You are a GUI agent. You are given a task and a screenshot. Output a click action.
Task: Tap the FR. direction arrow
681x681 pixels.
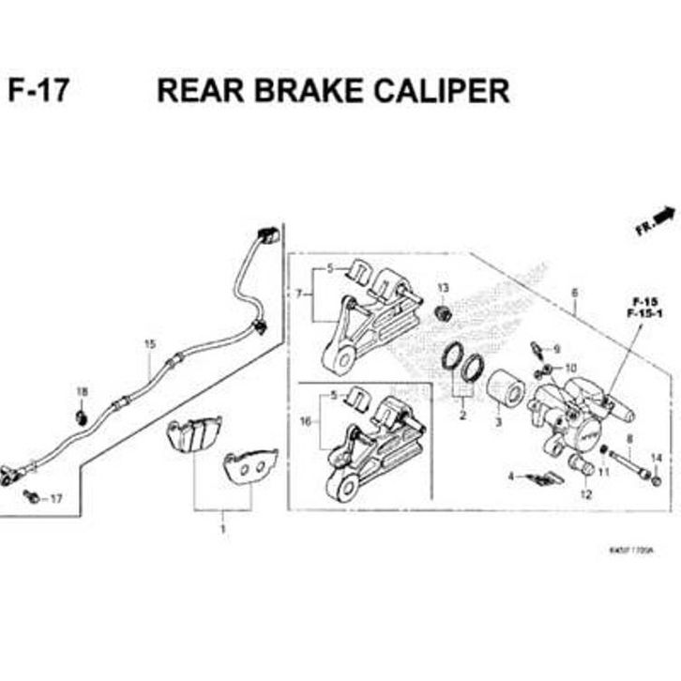pos(657,220)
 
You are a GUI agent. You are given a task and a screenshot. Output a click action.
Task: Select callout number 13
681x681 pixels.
pos(443,287)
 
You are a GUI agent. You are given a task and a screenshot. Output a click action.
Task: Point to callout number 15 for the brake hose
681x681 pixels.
pos(148,344)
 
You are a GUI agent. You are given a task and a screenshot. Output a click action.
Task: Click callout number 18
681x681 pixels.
pos(82,391)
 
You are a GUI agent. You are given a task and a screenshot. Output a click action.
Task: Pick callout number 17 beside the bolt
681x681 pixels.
pos(54,498)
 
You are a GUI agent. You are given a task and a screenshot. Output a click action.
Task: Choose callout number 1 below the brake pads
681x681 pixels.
pos(222,530)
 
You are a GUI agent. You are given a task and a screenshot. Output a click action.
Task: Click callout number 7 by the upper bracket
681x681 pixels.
pos(299,294)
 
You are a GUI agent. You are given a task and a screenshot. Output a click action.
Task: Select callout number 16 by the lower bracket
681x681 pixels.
pos(304,422)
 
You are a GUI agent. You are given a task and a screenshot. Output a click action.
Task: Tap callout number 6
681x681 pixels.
pos(573,293)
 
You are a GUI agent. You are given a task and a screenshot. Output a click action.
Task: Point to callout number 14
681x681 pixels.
pos(656,458)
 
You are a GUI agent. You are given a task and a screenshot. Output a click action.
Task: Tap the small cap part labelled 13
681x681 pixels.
pos(446,310)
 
